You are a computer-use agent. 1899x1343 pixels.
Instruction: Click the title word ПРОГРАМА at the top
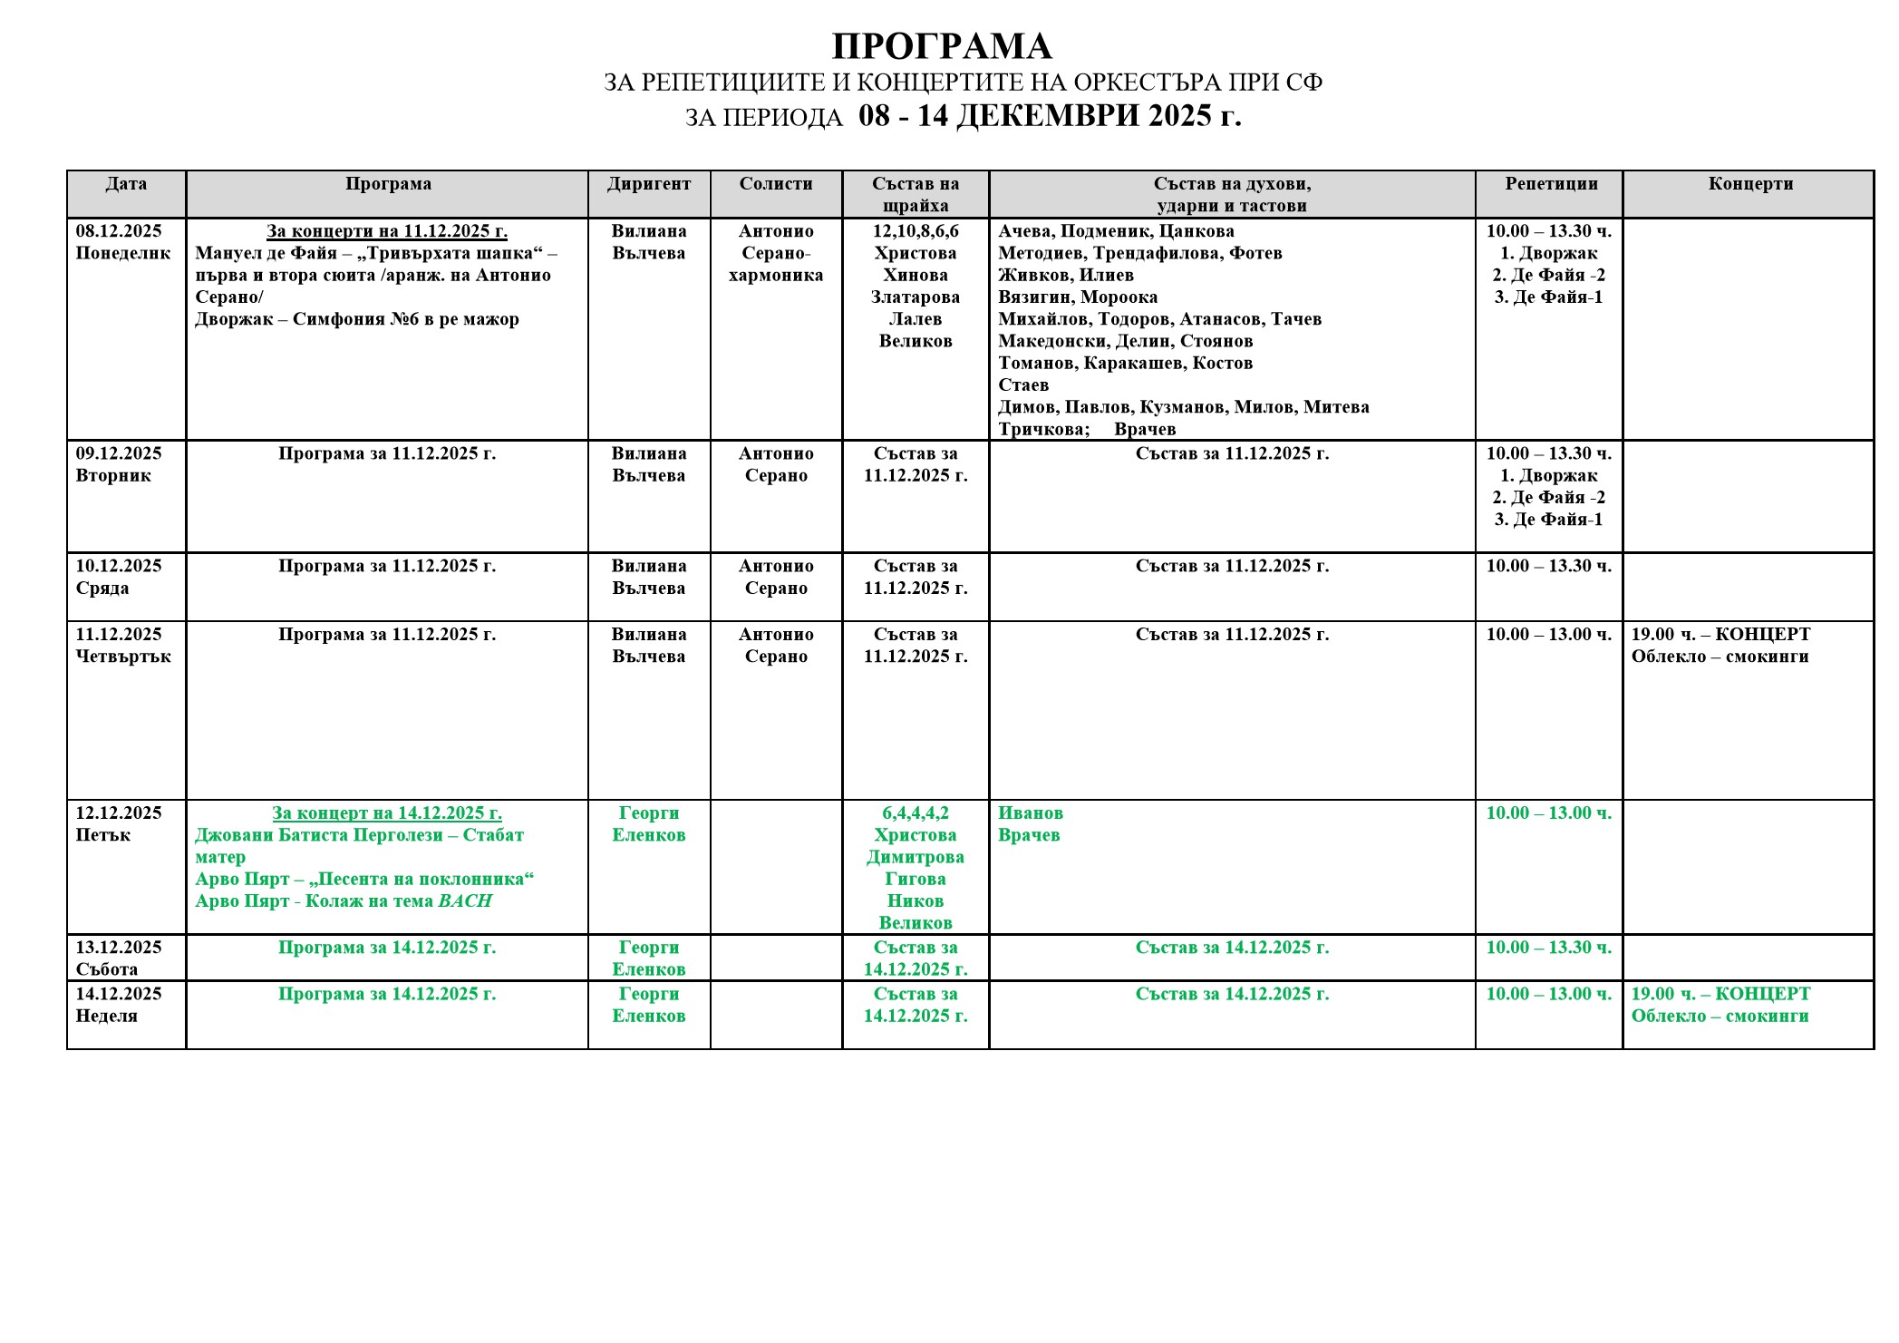[x=941, y=46]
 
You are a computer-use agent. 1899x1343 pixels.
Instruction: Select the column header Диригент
[x=648, y=184]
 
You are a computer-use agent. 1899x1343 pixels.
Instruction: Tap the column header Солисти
[x=776, y=184]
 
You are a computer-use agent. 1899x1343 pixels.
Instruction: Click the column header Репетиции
[x=1551, y=184]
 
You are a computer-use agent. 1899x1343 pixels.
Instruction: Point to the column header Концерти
[x=1750, y=184]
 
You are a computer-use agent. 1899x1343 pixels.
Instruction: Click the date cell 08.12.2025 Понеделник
[x=122, y=242]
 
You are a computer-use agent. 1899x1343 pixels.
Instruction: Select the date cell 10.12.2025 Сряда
[x=119, y=577]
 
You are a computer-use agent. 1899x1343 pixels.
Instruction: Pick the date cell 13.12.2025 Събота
[x=119, y=958]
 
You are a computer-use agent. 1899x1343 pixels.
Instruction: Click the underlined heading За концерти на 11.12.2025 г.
[x=387, y=231]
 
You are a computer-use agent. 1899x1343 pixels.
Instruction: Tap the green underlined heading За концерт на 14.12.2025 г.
[x=387, y=813]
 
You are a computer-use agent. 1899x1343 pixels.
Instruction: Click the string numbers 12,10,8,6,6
[x=916, y=231]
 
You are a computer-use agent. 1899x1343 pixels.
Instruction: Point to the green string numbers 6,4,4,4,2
[x=916, y=813]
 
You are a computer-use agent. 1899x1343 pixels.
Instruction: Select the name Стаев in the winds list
[x=1023, y=385]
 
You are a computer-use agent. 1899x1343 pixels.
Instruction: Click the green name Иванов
[x=1031, y=813]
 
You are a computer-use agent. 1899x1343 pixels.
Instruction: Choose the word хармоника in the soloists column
[x=776, y=276]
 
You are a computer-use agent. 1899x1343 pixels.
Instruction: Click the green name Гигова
[x=916, y=880]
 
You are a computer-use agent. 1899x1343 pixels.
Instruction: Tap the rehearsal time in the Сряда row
[x=1548, y=567]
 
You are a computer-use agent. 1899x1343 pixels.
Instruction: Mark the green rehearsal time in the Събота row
[x=1548, y=948]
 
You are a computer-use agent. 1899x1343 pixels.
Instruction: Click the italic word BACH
[x=465, y=901]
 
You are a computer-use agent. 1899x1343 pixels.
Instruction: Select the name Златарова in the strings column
[x=916, y=297]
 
